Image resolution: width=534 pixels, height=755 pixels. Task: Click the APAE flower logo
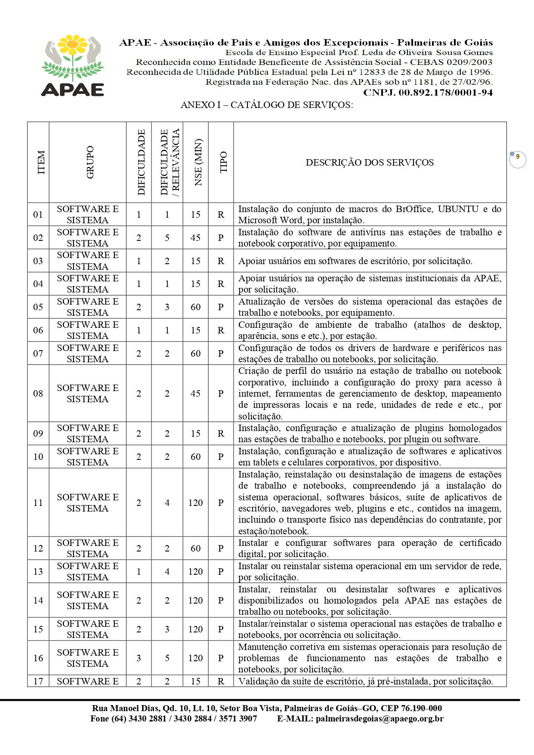73,65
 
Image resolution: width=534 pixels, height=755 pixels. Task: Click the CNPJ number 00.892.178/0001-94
428,92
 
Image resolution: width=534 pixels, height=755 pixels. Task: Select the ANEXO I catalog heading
267,105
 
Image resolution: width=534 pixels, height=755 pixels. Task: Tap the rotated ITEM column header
41,162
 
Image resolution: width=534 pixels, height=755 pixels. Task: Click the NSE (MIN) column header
198,162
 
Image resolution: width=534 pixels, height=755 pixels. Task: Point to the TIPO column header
223,162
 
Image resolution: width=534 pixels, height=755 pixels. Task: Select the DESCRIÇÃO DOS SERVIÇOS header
370,163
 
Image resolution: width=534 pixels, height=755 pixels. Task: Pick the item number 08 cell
38,393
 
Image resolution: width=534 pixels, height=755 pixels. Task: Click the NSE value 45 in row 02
196,238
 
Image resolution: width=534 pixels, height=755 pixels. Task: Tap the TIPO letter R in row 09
221,434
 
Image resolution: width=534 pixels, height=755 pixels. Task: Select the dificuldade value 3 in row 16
139,658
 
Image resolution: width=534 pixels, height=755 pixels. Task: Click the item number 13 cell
38,572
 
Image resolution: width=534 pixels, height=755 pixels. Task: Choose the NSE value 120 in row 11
196,503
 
